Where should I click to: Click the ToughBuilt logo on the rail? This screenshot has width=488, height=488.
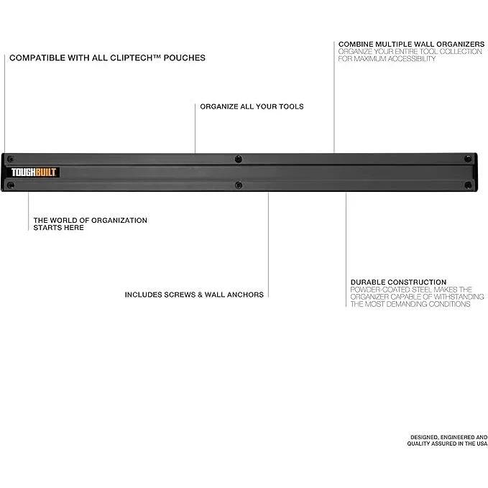pos(34,172)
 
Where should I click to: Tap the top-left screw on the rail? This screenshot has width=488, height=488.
pos(10,158)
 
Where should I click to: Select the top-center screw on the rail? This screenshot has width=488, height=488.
pos(239,159)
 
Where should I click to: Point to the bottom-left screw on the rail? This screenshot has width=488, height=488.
pos(10,185)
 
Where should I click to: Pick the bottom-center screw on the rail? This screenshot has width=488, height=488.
pos(239,185)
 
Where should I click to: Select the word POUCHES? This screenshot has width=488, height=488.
pos(185,58)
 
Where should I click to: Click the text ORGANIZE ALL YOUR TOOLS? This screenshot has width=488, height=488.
pos(252,106)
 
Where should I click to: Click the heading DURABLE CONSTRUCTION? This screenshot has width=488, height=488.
pos(398,282)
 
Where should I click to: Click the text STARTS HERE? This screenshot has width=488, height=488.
pos(58,228)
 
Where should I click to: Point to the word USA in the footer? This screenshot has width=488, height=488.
pos(480,444)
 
